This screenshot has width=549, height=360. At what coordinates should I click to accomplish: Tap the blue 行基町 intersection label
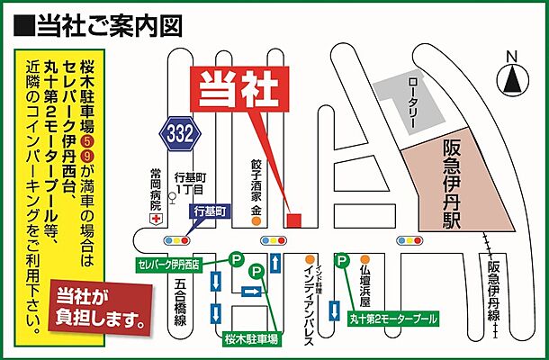click(213, 211)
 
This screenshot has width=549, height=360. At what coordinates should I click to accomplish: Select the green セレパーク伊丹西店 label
click(183, 265)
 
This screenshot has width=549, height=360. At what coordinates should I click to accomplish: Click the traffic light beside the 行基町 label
click(178, 241)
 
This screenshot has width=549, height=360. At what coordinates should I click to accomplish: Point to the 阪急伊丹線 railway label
click(493, 292)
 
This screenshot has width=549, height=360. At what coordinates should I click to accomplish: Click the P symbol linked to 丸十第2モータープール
click(342, 262)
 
